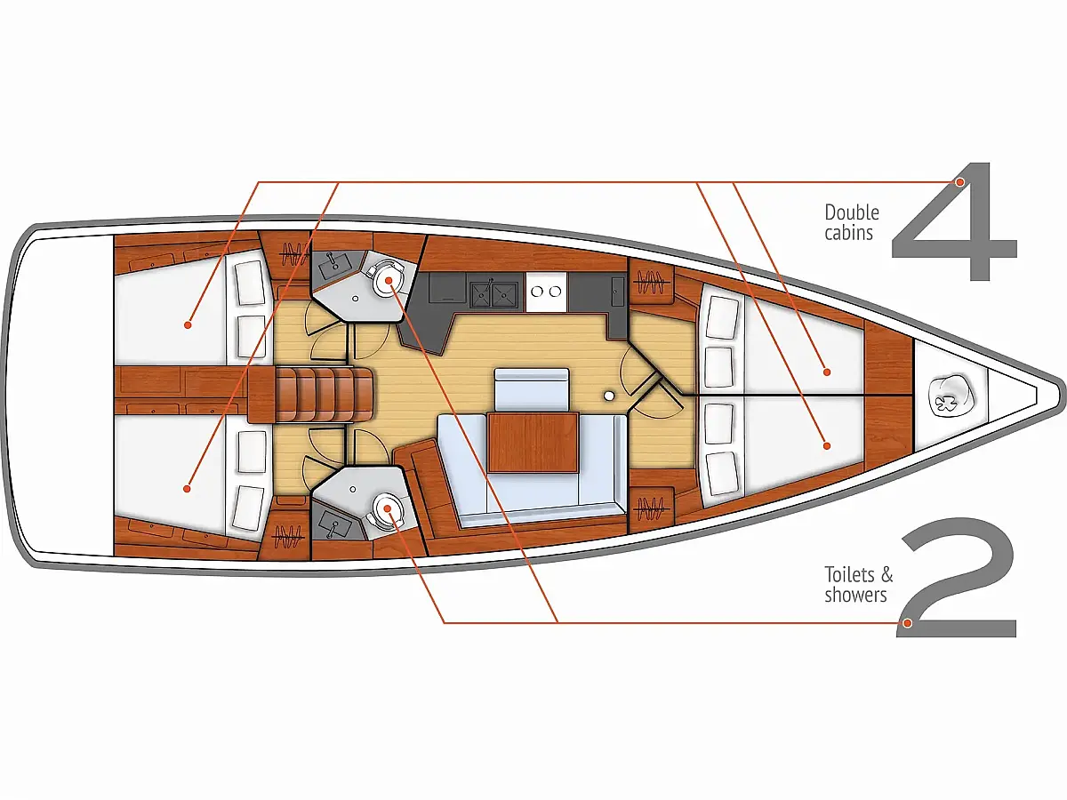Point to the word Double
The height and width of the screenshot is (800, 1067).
click(x=852, y=212)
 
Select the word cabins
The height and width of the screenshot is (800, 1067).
click(x=849, y=233)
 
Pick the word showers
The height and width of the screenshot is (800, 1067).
click(x=855, y=595)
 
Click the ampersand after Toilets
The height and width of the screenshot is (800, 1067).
click(x=887, y=575)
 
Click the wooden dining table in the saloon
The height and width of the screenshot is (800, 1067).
click(x=533, y=442)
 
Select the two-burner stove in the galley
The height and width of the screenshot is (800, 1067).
click(x=546, y=292)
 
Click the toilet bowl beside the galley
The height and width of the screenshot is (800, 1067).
click(x=388, y=279)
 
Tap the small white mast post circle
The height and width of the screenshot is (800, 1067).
click(x=608, y=396)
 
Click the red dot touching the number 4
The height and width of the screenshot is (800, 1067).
click(x=959, y=182)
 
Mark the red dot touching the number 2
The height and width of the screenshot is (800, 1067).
click(x=907, y=623)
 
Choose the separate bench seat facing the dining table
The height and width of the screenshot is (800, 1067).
click(x=532, y=389)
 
